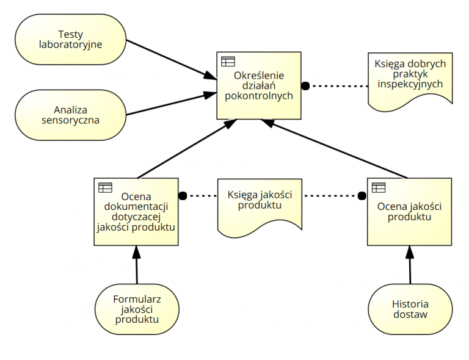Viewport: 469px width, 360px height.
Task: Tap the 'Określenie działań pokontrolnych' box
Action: tap(259, 92)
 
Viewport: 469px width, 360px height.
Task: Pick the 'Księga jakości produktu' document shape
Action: tap(260, 207)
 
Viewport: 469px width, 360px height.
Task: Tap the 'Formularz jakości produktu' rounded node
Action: tap(137, 309)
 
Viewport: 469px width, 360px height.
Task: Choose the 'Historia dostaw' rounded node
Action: tap(410, 309)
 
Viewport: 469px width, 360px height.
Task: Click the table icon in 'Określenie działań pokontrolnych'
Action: tap(228, 61)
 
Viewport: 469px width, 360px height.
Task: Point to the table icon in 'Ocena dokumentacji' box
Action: tap(105, 187)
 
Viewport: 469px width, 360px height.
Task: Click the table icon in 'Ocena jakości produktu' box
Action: tap(379, 187)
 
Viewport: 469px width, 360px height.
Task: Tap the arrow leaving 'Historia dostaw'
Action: tap(410, 265)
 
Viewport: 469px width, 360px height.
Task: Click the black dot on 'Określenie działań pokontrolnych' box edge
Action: tap(305, 85)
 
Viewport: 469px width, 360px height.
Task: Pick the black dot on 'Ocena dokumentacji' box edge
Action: tap(182, 196)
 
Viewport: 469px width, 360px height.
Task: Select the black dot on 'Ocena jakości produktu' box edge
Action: tap(362, 196)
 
